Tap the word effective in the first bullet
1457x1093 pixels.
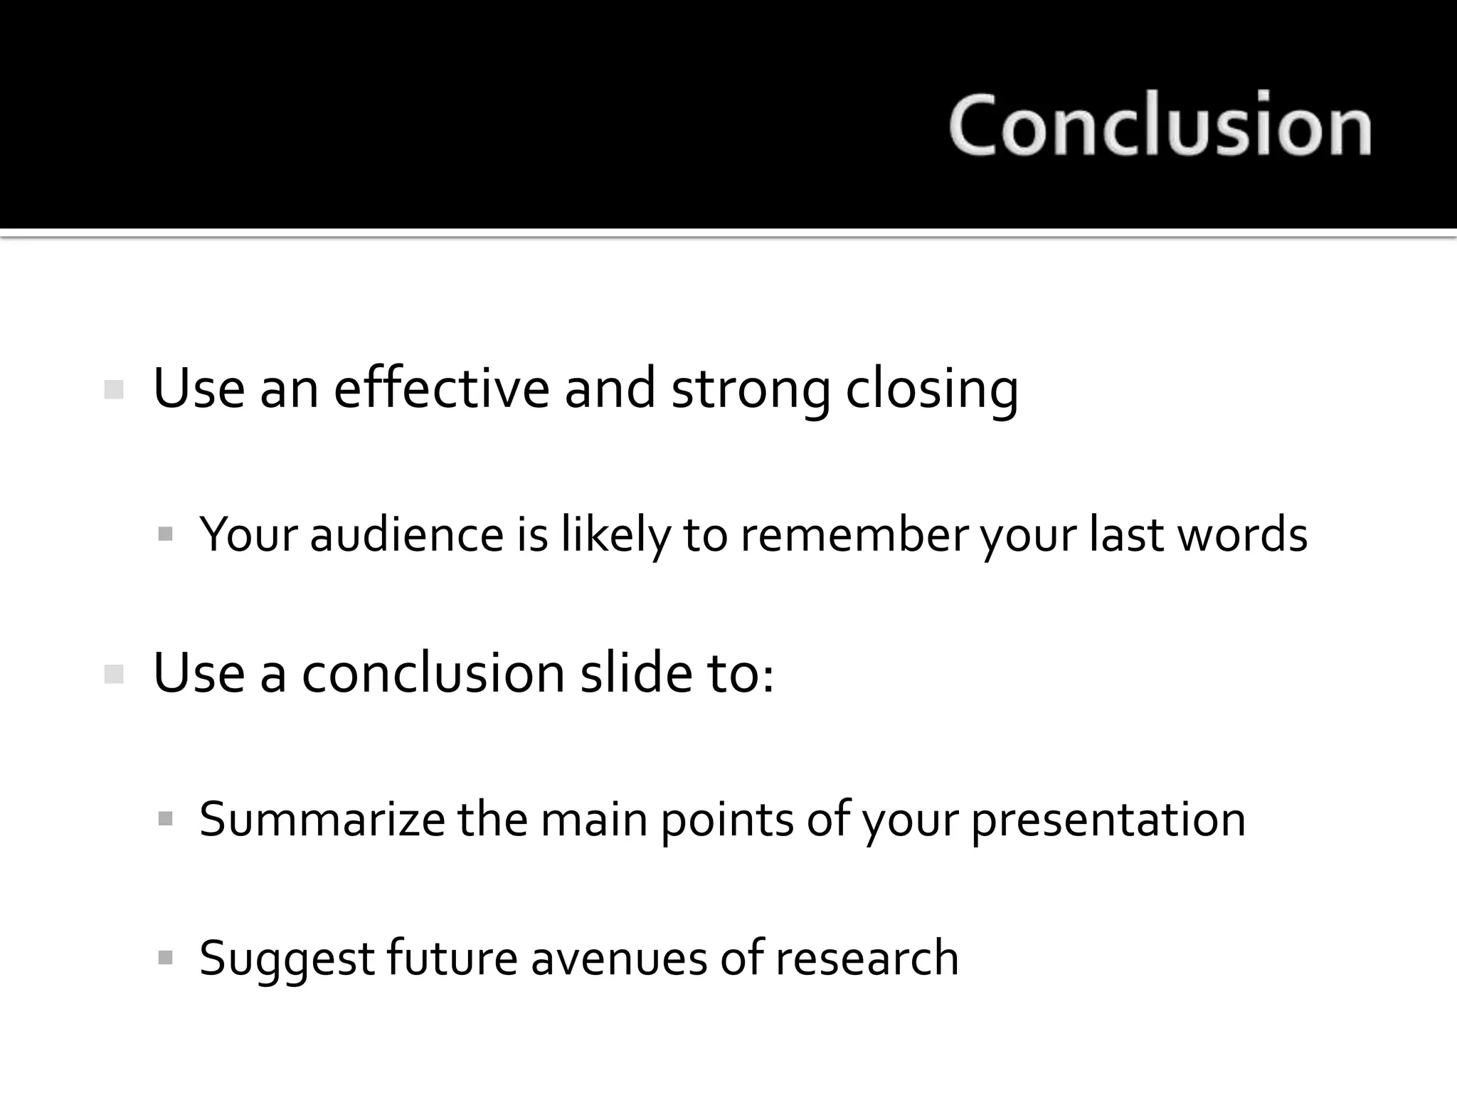(441, 389)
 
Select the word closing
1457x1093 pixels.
(932, 389)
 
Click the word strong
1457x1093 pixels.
(751, 389)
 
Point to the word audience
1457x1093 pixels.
(407, 534)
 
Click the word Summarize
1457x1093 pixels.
(322, 819)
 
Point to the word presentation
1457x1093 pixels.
(1108, 819)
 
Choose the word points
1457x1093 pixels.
(726, 819)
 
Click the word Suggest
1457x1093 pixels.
(287, 959)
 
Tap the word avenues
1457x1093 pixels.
(619, 959)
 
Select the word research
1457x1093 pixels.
(867, 959)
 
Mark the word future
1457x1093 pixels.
(452, 959)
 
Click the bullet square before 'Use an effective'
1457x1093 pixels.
(114, 390)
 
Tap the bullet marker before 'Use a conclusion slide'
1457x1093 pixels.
(114, 674)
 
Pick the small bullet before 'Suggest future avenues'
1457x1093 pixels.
(166, 959)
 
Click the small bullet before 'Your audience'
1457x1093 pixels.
(166, 534)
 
